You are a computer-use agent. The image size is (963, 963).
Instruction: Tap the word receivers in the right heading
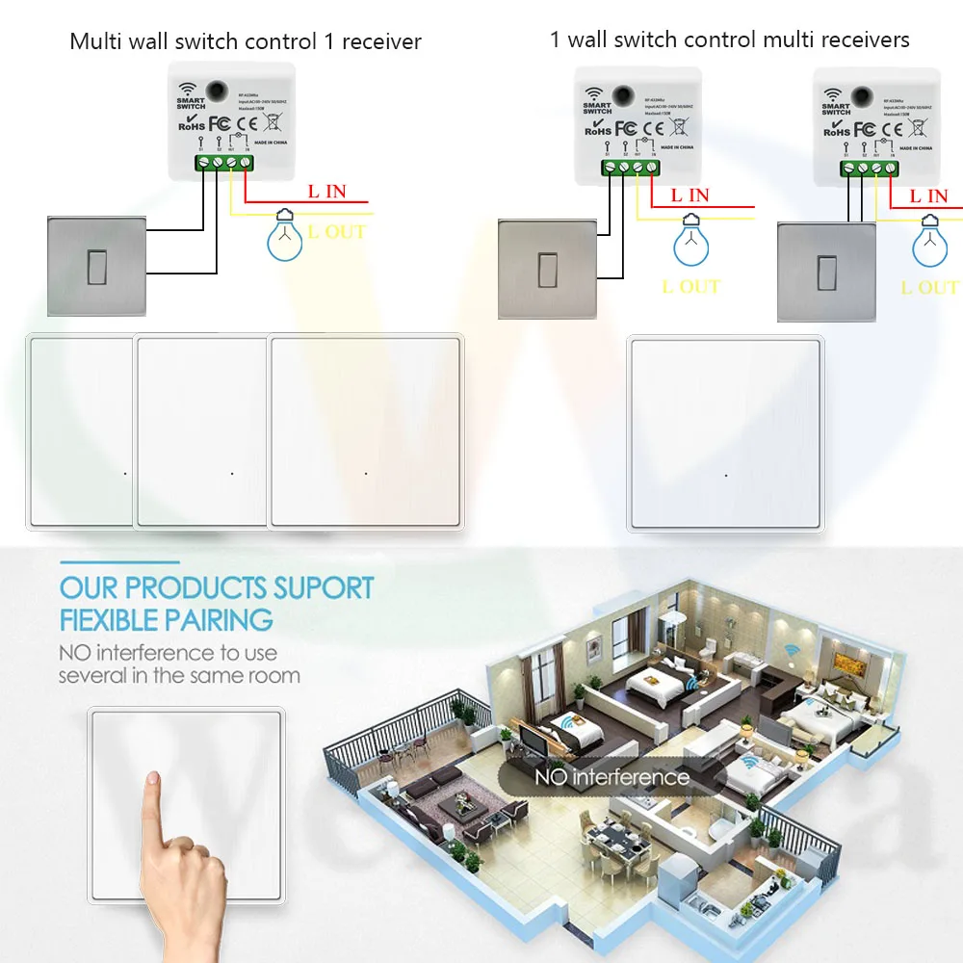pyautogui.click(x=862, y=39)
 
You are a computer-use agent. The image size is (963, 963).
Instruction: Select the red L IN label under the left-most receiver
pyautogui.click(x=326, y=191)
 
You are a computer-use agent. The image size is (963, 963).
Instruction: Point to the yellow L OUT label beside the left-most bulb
pyautogui.click(x=336, y=231)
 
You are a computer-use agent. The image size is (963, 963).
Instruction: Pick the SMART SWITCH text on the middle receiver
pyautogui.click(x=597, y=107)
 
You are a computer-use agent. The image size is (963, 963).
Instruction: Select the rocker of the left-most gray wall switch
pyautogui.click(x=97, y=265)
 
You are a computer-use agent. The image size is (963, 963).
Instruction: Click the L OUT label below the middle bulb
pyautogui.click(x=691, y=286)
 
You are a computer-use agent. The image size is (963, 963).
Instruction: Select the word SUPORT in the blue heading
pyautogui.click(x=324, y=587)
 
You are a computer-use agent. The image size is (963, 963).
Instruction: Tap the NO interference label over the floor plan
pyautogui.click(x=612, y=776)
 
